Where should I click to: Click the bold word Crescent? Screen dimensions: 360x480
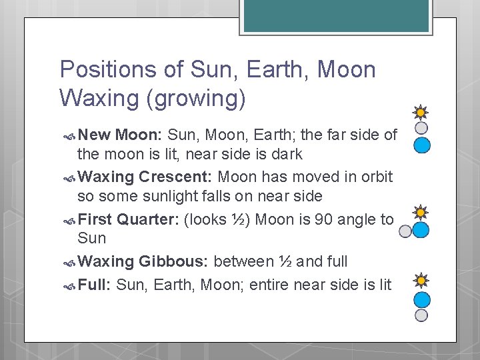(x=176, y=177)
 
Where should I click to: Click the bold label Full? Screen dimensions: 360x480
(x=95, y=285)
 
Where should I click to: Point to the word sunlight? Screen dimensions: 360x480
(x=146, y=197)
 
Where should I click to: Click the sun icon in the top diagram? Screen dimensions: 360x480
(x=421, y=113)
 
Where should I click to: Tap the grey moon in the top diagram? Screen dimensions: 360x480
(x=421, y=127)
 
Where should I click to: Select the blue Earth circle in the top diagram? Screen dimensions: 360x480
(x=422, y=145)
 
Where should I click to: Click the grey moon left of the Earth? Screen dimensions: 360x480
(x=405, y=231)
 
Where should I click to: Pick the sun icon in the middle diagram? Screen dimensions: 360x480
(x=421, y=213)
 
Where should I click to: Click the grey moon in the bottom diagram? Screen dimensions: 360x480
(x=421, y=315)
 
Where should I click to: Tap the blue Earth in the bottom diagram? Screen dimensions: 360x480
(x=422, y=299)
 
